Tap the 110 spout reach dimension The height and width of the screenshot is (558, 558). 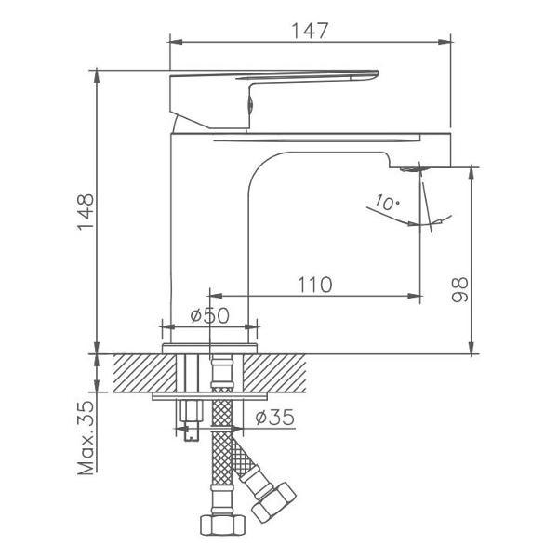click(x=314, y=286)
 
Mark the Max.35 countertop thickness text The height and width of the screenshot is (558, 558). click(x=86, y=436)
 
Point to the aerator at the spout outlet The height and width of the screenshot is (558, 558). click(x=409, y=168)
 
